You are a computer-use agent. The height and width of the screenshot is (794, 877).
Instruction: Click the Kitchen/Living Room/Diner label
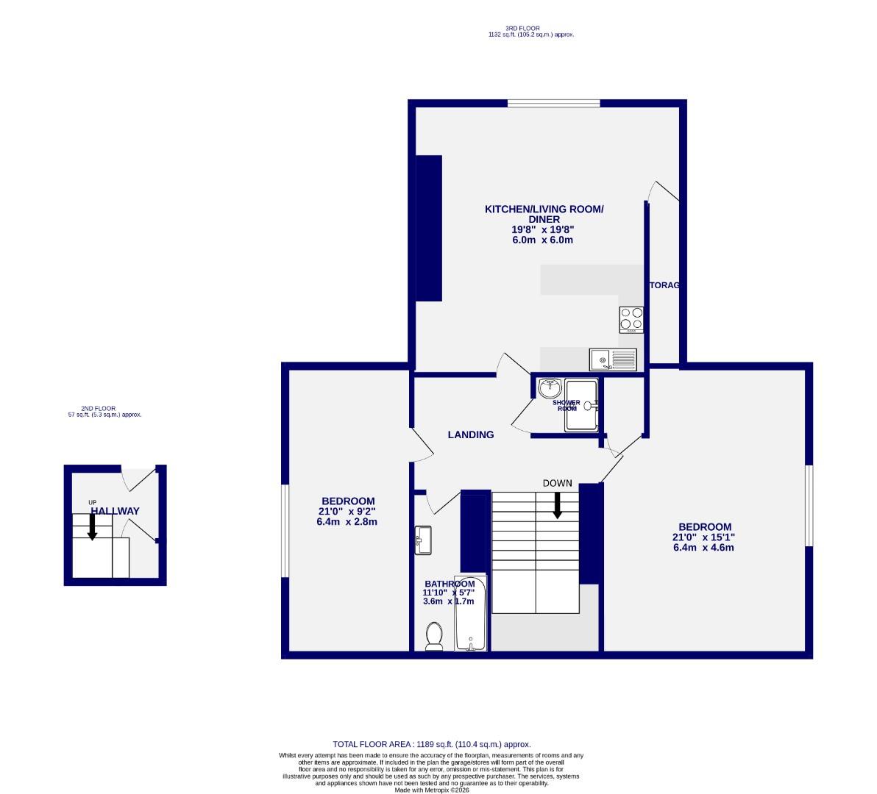544,214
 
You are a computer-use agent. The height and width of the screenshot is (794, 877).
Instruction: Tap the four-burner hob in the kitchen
631,319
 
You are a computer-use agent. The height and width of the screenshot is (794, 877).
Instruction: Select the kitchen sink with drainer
613,360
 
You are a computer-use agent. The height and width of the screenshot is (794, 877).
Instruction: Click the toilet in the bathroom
434,636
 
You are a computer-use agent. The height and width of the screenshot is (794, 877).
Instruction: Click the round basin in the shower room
549,387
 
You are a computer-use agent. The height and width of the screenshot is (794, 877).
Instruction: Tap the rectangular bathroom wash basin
424,540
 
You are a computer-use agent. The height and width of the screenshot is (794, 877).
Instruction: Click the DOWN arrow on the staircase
557,504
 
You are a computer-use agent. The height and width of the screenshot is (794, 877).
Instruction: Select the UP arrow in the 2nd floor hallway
92,526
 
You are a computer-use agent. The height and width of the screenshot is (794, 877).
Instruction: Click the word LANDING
471,434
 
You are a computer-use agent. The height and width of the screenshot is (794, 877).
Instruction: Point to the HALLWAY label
115,511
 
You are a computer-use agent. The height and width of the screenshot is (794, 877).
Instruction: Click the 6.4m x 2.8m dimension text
347,522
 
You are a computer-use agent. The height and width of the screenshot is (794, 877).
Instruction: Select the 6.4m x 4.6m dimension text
704,547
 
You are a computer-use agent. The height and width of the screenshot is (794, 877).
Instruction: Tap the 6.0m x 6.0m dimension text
542,240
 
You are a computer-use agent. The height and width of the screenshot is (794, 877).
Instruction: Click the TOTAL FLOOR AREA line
432,744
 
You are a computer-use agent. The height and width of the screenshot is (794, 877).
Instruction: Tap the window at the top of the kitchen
553,103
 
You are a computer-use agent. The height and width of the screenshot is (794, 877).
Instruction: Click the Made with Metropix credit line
431,790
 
